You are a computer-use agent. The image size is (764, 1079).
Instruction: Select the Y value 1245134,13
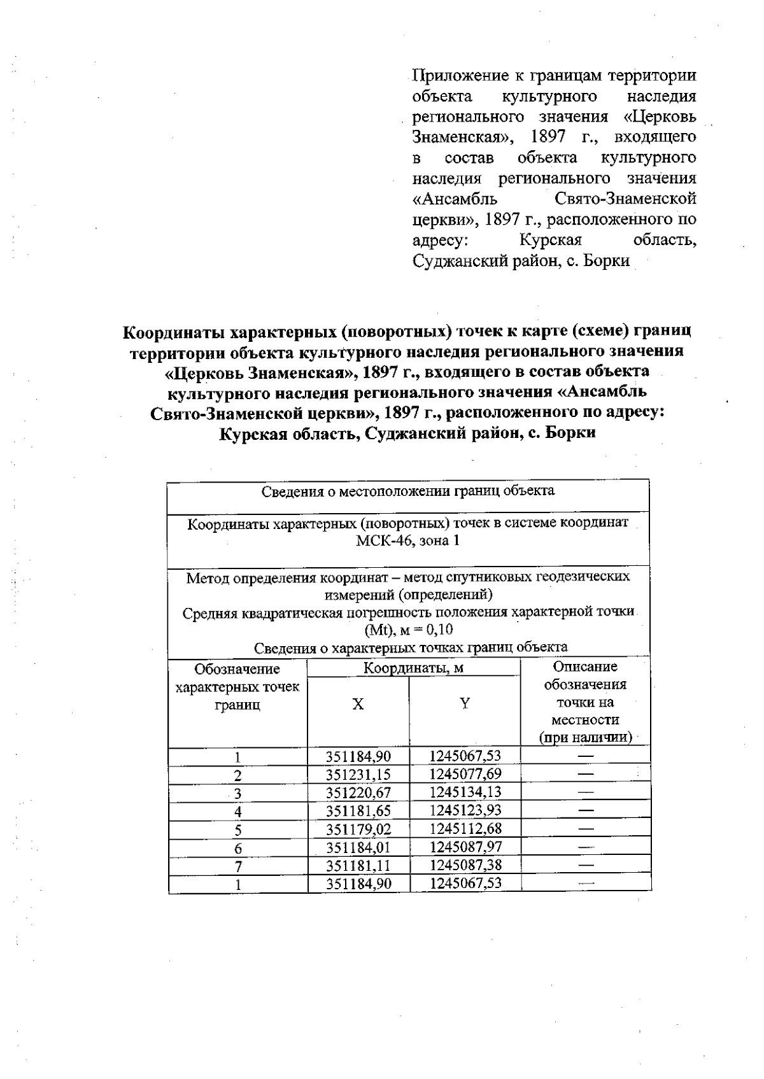click(465, 793)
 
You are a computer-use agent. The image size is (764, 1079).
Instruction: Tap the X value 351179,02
click(358, 829)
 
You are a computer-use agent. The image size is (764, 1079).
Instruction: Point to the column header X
click(358, 704)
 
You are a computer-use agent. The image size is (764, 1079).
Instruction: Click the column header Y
click(465, 703)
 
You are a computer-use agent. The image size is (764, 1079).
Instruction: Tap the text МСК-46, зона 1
click(407, 541)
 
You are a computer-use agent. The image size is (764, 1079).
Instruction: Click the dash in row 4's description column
click(586, 811)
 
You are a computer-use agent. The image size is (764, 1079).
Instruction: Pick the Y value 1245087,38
click(465, 865)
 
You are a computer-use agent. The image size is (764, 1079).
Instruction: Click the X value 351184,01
click(358, 847)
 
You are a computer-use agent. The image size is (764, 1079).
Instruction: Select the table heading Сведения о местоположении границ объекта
click(407, 491)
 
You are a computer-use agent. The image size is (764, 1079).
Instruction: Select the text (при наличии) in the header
click(585, 738)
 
